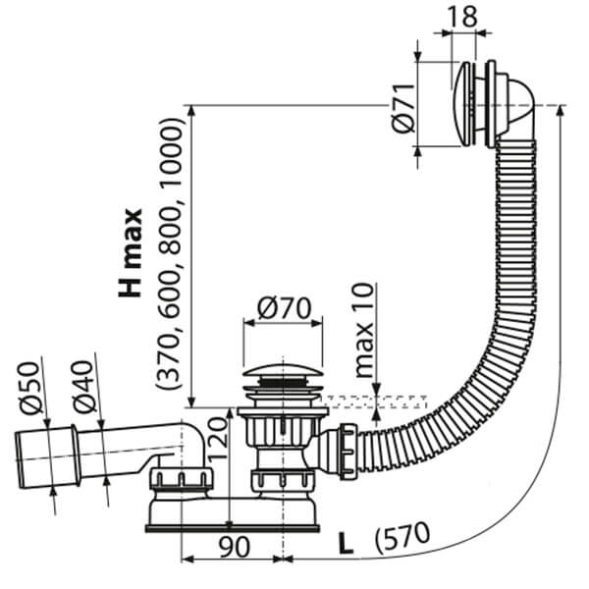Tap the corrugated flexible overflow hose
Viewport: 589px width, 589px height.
tap(496, 294)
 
